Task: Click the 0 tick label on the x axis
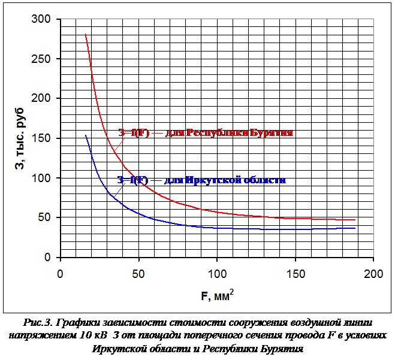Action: point(61,273)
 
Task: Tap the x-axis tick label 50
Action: point(138,273)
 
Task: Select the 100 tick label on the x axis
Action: point(217,273)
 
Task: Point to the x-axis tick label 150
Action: point(295,273)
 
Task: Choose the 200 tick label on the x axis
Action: point(373,273)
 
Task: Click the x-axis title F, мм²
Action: point(217,295)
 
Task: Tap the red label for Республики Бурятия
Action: point(205,133)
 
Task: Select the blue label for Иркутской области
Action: point(201,180)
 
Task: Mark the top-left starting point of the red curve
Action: point(86,34)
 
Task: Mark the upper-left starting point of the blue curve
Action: point(86,135)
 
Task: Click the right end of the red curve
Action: point(355,220)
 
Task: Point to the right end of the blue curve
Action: point(355,228)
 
